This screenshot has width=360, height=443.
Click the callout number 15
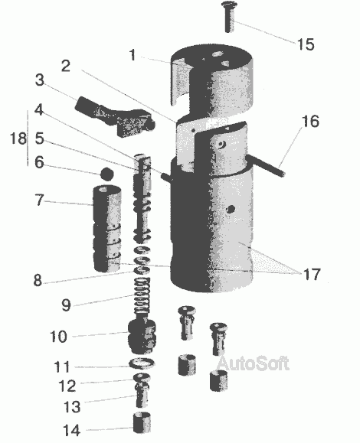coord(306,44)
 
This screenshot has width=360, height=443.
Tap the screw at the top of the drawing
coord(229,17)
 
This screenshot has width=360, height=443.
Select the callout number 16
coord(310,121)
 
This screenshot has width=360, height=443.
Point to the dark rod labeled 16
coord(265,165)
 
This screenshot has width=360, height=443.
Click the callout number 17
coord(312,274)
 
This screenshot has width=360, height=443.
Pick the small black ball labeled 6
coord(107,174)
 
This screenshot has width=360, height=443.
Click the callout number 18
coord(18,138)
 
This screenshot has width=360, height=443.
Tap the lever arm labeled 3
coord(116,116)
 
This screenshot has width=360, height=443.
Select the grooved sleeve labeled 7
coord(108,228)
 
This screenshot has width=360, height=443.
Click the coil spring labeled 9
coord(142,296)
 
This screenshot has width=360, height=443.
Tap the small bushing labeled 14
coord(142,422)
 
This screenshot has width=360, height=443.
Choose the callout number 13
coord(72,407)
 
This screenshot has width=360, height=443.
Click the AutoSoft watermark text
coord(253,363)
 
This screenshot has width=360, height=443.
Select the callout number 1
coord(133,55)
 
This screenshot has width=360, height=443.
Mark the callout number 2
coord(66,66)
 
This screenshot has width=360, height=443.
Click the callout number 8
coord(38,280)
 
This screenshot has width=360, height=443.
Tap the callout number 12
coord(67,386)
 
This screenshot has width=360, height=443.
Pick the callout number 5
coord(39,138)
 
